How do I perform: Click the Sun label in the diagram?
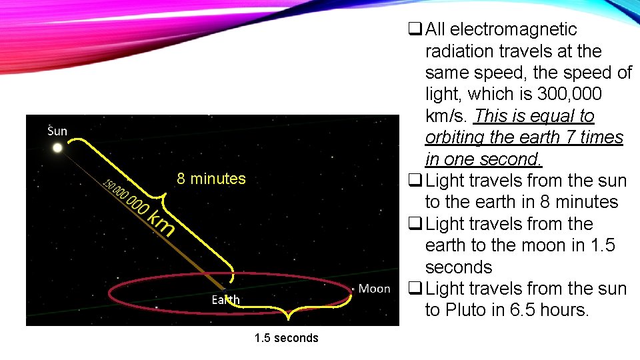point(57,130)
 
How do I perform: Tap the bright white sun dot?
point(57,147)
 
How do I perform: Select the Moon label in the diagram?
point(374,289)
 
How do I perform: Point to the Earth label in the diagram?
point(225,300)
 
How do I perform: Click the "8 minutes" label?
point(211,179)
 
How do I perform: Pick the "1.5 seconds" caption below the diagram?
point(286,338)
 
